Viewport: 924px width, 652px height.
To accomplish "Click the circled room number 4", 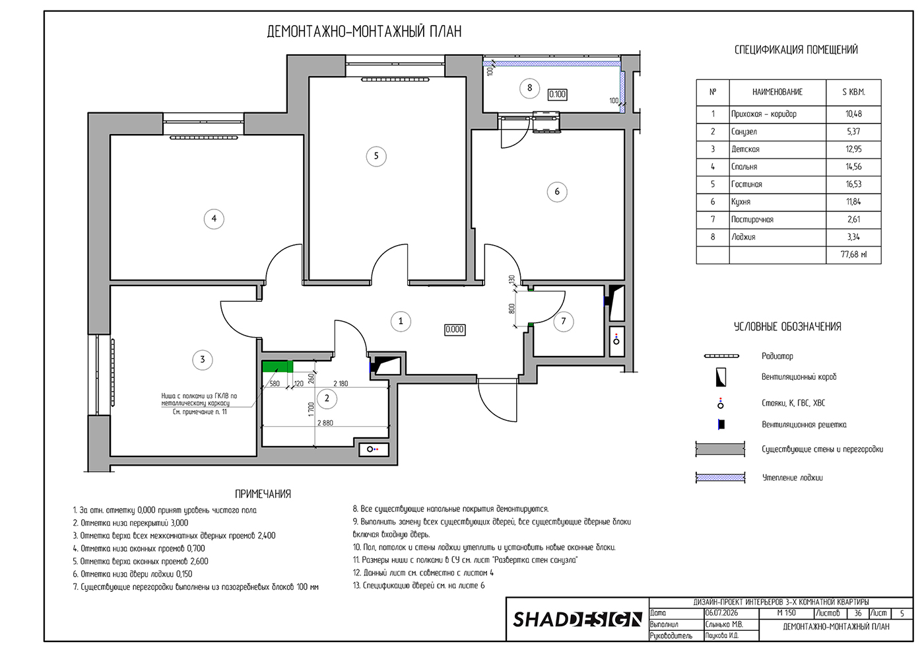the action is point(214,219).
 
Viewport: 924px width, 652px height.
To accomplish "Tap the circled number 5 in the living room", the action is point(376,156).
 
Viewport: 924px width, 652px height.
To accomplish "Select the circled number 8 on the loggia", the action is point(529,88).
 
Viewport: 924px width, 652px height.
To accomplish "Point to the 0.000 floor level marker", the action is point(454,330).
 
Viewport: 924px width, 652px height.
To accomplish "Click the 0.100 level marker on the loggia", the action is point(557,94).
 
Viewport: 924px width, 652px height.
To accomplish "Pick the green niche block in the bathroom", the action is point(278,367).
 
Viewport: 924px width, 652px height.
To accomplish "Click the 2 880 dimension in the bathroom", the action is point(325,423).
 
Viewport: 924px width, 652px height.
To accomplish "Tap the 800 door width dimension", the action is point(512,309).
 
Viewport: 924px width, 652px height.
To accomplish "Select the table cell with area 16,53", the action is point(853,184).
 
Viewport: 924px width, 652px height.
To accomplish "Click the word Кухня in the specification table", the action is point(741,202).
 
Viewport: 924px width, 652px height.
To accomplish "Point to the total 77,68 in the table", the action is point(853,255).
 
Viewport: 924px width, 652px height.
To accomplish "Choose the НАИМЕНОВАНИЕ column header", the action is point(777,92).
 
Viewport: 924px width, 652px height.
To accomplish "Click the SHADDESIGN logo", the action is point(577,620).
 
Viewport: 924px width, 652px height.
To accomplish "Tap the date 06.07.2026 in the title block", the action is point(721,613).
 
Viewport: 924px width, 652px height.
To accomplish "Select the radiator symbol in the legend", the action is point(721,356).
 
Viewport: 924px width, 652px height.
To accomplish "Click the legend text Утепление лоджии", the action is point(792,478).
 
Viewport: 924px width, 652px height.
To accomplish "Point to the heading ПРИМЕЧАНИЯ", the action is point(263,494).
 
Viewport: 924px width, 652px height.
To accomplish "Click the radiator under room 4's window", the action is point(204,137).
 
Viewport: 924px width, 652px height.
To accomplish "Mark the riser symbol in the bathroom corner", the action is point(372,449).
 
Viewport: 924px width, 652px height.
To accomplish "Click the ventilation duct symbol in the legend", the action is point(720,377).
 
